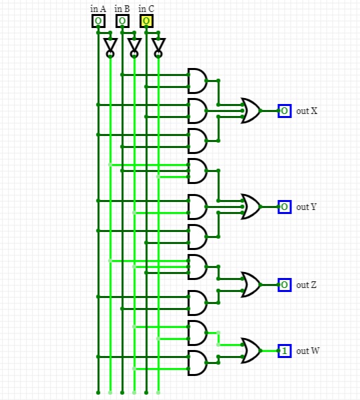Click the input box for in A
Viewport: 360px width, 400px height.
(x=98, y=21)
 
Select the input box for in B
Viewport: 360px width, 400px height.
(x=122, y=21)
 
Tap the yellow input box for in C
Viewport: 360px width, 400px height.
(x=146, y=21)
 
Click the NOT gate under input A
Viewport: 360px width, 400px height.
(x=110, y=48)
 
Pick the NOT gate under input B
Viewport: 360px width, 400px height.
(x=134, y=48)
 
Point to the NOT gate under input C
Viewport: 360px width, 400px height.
(x=158, y=48)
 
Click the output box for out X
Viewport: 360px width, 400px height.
(x=285, y=111)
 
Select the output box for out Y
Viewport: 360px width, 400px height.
(x=285, y=207)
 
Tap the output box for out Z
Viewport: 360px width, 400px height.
(x=285, y=285)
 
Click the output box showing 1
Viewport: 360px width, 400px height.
(x=285, y=351)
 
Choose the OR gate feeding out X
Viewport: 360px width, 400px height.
(x=251, y=111)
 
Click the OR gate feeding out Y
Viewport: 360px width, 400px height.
(x=251, y=207)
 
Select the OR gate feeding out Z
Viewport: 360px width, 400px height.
(x=251, y=285)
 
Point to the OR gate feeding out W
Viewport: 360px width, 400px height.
(x=251, y=351)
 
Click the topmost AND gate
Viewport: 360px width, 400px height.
(x=197, y=81)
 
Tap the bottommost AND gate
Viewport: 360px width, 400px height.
(x=197, y=363)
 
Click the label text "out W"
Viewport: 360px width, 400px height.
(x=307, y=351)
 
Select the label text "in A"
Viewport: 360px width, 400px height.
(x=98, y=9)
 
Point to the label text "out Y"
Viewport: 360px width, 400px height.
(x=306, y=207)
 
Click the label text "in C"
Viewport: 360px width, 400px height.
(x=146, y=9)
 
